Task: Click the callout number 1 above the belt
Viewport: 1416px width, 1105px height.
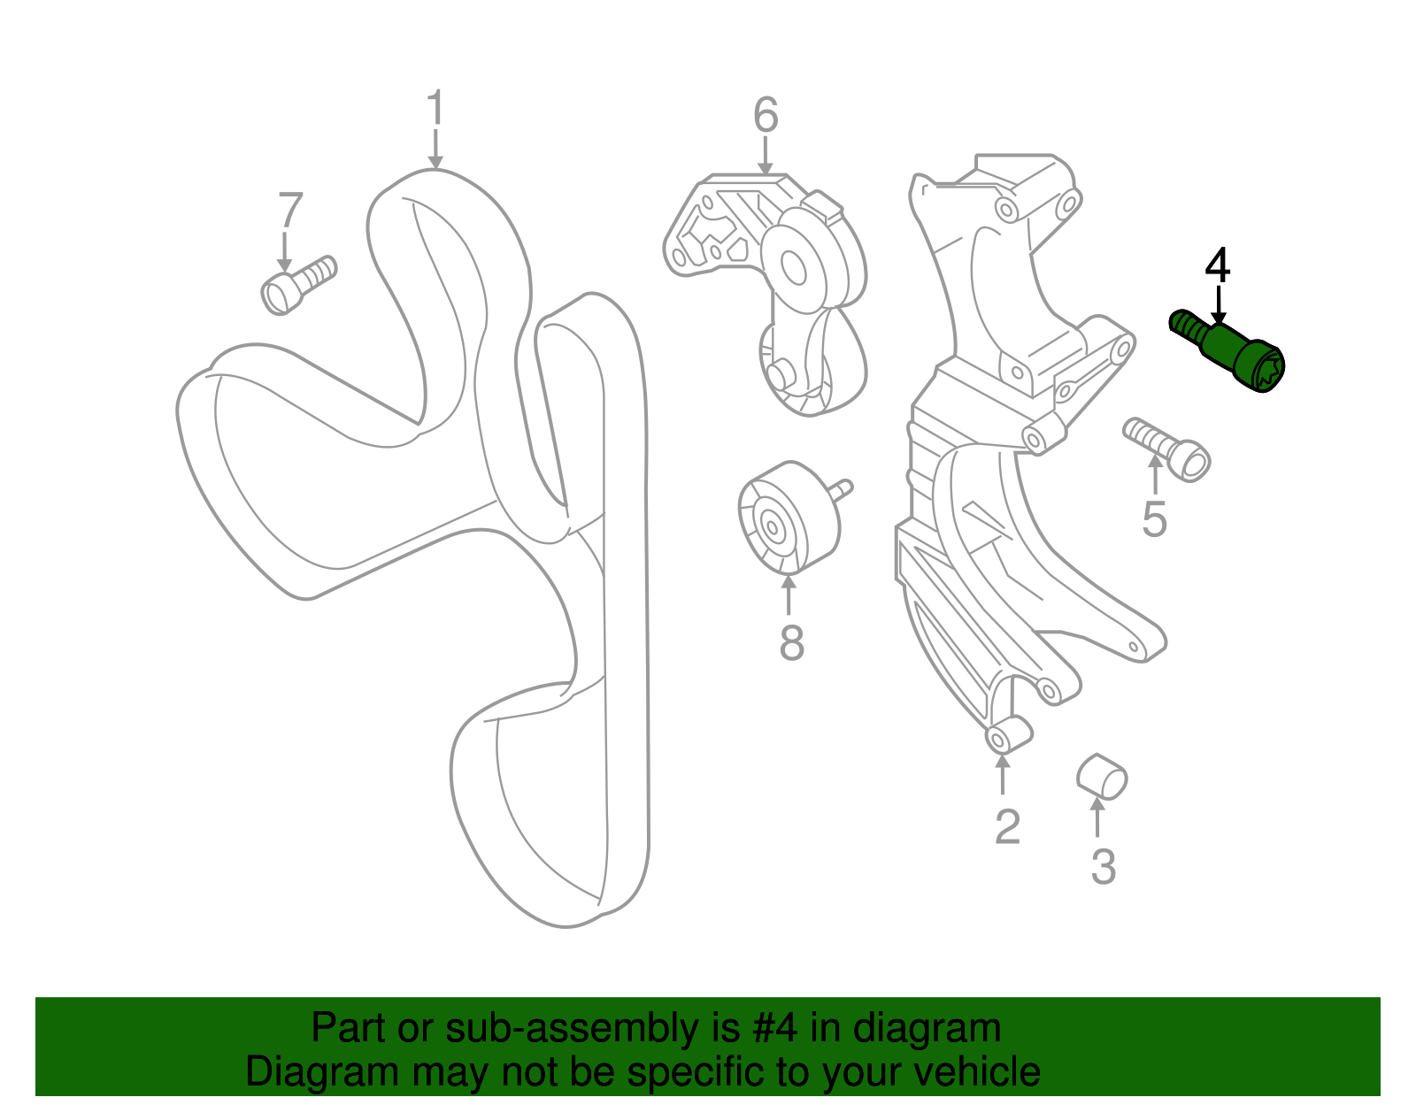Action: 435,107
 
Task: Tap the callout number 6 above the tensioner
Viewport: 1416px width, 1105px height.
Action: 766,115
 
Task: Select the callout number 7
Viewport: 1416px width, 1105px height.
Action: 290,210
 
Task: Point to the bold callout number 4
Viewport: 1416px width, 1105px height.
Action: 1217,265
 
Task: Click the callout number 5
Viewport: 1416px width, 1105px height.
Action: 1154,519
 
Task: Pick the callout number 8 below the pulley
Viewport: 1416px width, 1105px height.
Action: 792,642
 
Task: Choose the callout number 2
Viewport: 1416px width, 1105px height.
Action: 1007,827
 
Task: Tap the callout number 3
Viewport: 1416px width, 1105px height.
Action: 1104,867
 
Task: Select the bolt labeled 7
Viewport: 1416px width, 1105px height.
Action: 298,285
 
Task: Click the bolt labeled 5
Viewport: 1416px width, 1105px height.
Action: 1167,450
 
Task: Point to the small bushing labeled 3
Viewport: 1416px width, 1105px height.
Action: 1101,777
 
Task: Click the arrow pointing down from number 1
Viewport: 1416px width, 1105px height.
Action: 435,150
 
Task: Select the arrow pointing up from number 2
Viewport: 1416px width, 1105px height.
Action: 1002,773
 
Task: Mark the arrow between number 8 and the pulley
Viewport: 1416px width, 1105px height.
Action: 789,594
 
